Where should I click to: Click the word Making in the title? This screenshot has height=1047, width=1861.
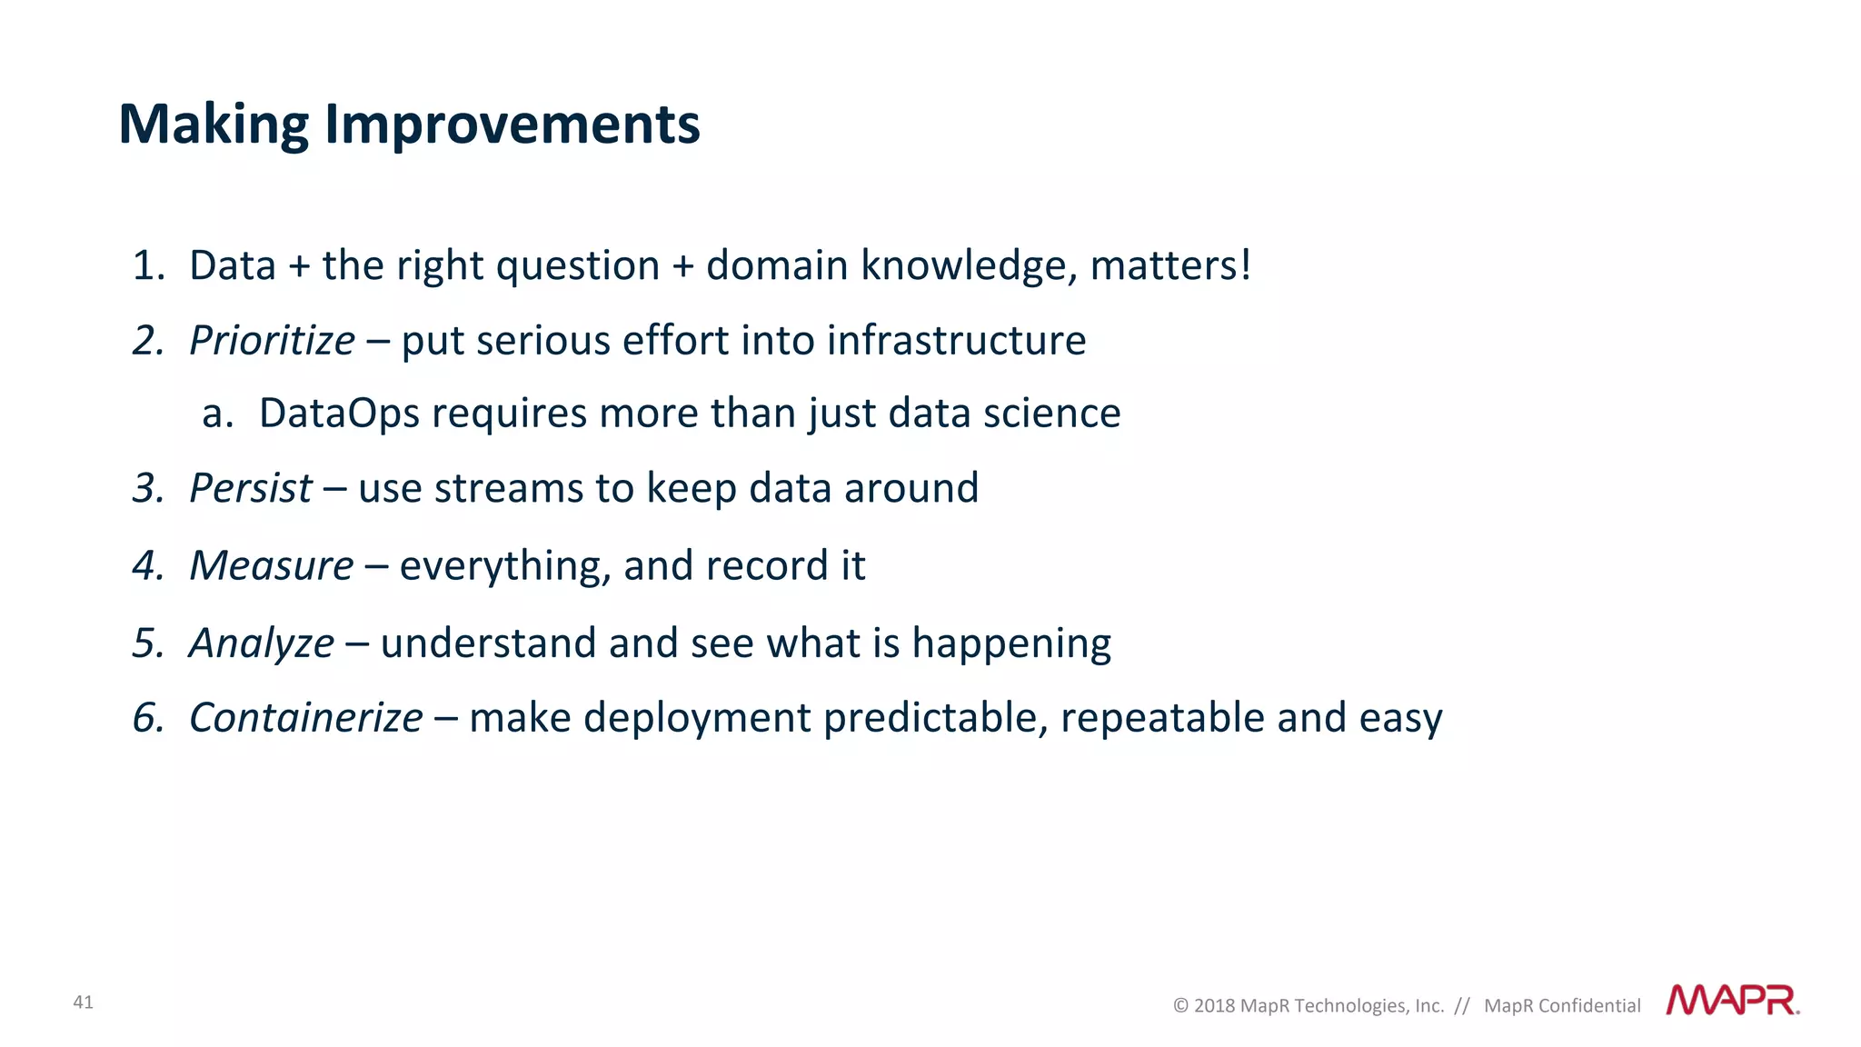point(214,125)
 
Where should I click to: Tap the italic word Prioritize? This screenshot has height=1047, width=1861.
point(272,341)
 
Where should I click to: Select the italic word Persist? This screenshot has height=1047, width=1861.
point(251,489)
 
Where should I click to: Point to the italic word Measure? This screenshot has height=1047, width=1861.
point(271,566)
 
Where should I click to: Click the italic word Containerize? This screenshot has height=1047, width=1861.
point(305,718)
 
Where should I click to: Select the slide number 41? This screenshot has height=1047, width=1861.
point(83,1002)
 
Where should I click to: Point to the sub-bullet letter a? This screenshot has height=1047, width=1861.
point(216,414)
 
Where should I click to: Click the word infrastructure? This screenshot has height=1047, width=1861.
point(956,341)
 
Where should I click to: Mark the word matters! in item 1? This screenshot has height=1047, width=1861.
point(1170,266)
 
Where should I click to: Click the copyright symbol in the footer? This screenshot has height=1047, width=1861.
point(1180,1006)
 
